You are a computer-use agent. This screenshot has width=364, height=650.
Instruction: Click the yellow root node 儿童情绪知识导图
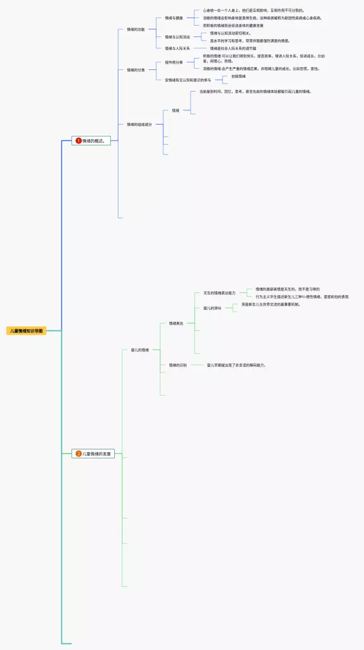point(26,330)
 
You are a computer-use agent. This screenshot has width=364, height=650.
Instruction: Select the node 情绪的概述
point(94,140)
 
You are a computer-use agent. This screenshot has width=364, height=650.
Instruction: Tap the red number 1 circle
point(78,140)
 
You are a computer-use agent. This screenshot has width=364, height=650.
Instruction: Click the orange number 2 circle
point(78,454)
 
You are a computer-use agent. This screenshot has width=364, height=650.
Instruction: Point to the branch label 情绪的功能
point(135,29)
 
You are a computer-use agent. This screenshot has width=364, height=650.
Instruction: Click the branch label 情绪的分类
point(135,70)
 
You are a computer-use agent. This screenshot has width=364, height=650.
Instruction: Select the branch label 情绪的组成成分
point(139,124)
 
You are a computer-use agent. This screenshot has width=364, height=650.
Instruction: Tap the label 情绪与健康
point(173,18)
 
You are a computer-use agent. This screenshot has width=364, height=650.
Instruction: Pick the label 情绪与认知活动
point(177,37)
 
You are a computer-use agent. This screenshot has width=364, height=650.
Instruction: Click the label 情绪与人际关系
point(177,48)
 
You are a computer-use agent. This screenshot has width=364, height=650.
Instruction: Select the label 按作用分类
point(173,62)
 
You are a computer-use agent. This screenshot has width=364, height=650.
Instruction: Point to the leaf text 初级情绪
point(238,76)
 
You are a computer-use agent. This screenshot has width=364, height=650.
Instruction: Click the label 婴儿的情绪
point(139,350)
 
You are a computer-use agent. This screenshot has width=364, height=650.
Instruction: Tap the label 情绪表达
point(176,324)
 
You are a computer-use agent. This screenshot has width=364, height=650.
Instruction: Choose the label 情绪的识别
point(177,365)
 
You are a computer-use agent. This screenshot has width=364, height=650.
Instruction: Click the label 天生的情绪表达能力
point(219,293)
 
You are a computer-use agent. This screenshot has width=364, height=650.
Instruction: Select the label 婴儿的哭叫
point(212,308)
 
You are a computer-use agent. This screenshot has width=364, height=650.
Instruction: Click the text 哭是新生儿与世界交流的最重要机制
point(270,304)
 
